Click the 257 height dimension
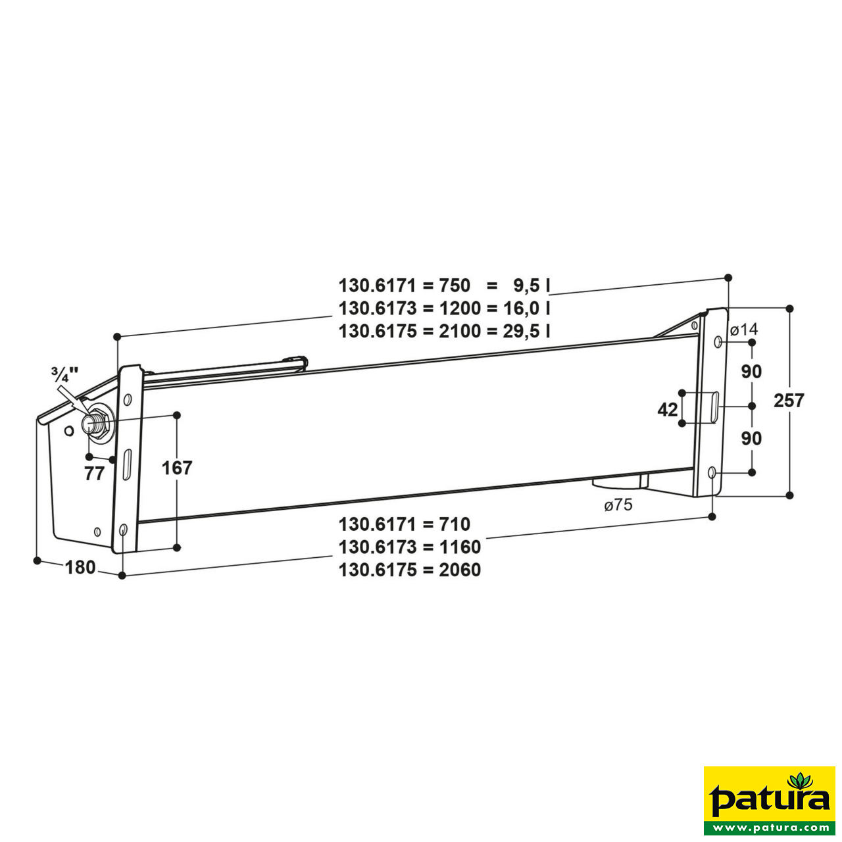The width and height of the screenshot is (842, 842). pyautogui.click(x=789, y=400)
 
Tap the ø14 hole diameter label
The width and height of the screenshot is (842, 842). pyautogui.click(x=744, y=329)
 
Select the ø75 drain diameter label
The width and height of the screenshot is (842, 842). pyautogui.click(x=618, y=505)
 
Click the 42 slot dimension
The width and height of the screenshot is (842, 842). pyautogui.click(x=667, y=409)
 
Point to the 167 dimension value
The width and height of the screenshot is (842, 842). pyautogui.click(x=177, y=468)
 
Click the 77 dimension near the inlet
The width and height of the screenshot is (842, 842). pyautogui.click(x=95, y=473)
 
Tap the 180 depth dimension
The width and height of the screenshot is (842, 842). pyautogui.click(x=80, y=567)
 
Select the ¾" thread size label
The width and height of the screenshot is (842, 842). pyautogui.click(x=64, y=376)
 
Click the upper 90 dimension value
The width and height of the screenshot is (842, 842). pyautogui.click(x=751, y=372)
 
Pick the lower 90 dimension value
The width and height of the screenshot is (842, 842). pyautogui.click(x=751, y=438)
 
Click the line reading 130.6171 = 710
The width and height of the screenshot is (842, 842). pyautogui.click(x=405, y=524)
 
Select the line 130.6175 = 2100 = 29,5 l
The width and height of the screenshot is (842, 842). pyautogui.click(x=444, y=331)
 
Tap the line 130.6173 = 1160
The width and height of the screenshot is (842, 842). pyautogui.click(x=410, y=547)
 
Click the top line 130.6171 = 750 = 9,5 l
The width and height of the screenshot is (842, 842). pyautogui.click(x=444, y=285)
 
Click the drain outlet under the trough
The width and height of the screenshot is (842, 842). pyautogui.click(x=618, y=482)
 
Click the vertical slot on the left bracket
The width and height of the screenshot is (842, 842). pyautogui.click(x=127, y=464)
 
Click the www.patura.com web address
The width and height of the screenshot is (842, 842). pyautogui.click(x=770, y=828)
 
